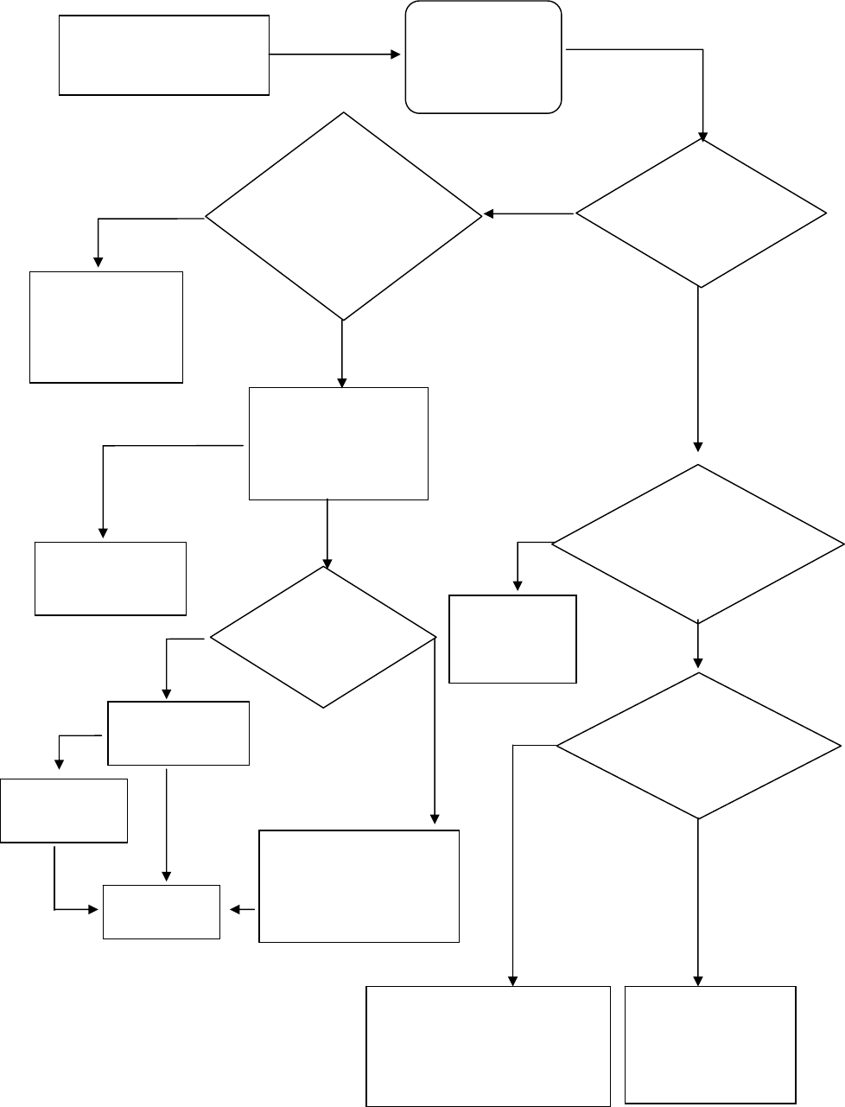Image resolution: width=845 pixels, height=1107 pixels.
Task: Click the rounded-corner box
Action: [484, 57]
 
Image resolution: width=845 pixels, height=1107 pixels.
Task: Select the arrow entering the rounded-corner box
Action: [337, 54]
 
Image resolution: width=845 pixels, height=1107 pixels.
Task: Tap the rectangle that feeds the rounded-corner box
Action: [163, 54]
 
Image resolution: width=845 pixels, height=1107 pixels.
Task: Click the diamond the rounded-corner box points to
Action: [700, 213]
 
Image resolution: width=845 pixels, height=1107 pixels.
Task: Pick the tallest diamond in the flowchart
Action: [343, 216]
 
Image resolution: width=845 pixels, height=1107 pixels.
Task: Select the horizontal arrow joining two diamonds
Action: [528, 213]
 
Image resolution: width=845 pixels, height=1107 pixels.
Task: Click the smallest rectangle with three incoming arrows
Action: [162, 911]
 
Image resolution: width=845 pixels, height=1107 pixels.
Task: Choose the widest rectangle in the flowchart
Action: [488, 1046]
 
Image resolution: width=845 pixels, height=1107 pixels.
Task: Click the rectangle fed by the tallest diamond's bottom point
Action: [338, 443]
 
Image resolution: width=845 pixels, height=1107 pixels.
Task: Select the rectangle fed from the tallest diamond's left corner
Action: [106, 327]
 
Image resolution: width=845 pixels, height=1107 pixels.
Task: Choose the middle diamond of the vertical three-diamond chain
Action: [697, 544]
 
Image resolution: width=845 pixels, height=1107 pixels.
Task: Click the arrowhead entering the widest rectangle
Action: [513, 981]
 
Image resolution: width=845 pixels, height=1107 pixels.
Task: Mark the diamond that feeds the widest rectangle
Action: [697, 745]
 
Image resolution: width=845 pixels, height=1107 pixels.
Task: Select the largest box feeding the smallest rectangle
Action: [359, 886]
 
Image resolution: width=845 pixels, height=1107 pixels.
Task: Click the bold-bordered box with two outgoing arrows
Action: [178, 733]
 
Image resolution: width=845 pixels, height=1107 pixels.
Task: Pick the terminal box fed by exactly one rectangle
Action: [111, 578]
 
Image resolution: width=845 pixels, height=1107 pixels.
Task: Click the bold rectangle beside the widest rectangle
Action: [709, 1044]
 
